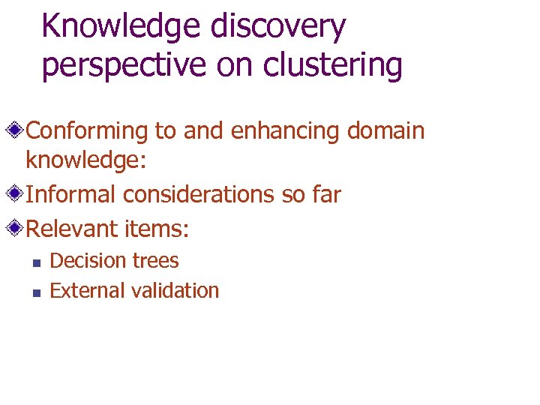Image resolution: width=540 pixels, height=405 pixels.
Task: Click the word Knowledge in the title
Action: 121,27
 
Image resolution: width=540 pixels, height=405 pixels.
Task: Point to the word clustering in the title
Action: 334,65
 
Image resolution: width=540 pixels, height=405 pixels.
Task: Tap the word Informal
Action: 71,195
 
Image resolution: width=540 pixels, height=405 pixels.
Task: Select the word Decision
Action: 87,261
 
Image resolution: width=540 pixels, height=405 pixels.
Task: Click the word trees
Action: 154,261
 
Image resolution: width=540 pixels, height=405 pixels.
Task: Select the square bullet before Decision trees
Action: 34,262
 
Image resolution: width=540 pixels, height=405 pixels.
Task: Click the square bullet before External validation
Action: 34,292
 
